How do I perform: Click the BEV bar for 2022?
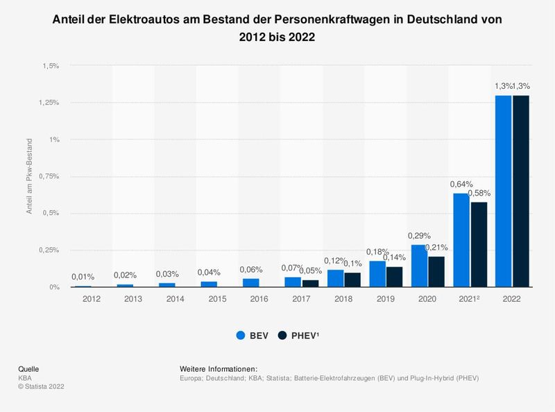(503, 191)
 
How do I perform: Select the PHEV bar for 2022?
(521, 191)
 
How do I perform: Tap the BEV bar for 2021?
(461, 239)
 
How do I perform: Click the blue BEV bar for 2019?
(377, 274)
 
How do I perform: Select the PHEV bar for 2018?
(353, 280)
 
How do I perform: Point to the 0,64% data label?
(461, 184)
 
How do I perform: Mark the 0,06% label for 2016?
(251, 270)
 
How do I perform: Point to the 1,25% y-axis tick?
(48, 103)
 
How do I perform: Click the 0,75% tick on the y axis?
(48, 176)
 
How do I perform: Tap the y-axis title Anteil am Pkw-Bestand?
(29, 176)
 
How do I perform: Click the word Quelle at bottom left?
(28, 368)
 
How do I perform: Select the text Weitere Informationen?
(218, 368)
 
